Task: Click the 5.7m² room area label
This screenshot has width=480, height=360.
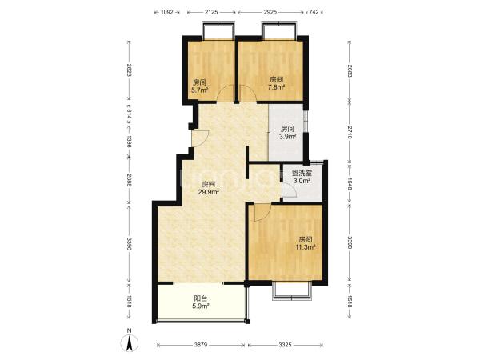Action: tap(199, 90)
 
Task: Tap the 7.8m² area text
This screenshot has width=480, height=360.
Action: tap(277, 87)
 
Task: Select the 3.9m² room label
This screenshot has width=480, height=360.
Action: tap(287, 137)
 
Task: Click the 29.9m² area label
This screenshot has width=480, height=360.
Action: tap(208, 192)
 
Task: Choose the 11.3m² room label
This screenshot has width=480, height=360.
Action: tap(306, 246)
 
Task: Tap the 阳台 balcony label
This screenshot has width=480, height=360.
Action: tap(201, 298)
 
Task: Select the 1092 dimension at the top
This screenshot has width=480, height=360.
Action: tap(167, 12)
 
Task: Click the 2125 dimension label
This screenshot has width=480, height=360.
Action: tap(211, 12)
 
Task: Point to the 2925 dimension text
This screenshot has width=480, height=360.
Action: tap(270, 12)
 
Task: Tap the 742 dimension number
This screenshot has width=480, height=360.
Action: tap(314, 12)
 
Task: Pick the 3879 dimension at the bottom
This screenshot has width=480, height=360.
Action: tap(201, 345)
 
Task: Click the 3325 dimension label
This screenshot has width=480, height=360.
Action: tap(285, 345)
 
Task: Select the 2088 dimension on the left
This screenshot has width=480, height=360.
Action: tap(129, 180)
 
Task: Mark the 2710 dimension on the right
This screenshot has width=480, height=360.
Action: tap(350, 132)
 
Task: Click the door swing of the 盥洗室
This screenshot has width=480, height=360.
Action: tap(290, 190)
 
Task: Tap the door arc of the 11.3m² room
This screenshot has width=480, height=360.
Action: tap(262, 213)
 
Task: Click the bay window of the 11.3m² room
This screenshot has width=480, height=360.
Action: tap(292, 290)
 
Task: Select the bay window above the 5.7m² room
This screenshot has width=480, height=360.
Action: tap(218, 30)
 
